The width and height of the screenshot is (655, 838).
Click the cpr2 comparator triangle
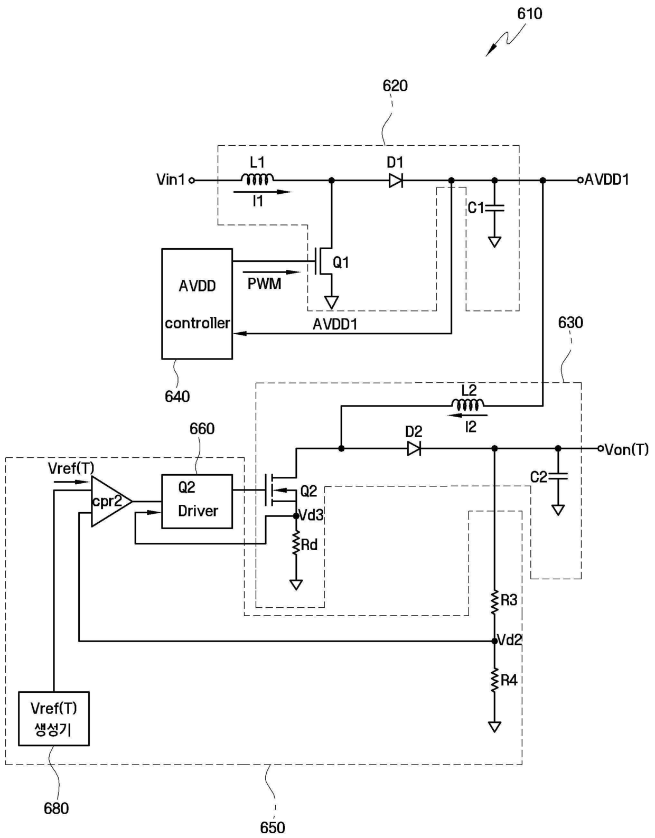(111, 501)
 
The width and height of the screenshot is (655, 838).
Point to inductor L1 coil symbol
(258, 178)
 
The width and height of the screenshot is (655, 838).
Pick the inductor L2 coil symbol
(468, 404)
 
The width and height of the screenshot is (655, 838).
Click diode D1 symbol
(396, 180)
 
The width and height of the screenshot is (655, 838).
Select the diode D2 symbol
(414, 448)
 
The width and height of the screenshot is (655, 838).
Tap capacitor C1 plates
(494, 208)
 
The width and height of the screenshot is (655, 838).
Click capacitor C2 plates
(558, 477)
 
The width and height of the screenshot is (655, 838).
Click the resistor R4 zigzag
(494, 681)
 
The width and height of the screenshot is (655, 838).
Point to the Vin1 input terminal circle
(191, 180)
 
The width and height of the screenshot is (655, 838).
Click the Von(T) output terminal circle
(600, 448)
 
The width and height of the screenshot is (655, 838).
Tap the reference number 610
(530, 14)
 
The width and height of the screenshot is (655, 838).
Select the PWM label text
(264, 284)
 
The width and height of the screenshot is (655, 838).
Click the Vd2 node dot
(494, 641)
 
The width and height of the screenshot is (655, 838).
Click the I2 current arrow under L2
(467, 416)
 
